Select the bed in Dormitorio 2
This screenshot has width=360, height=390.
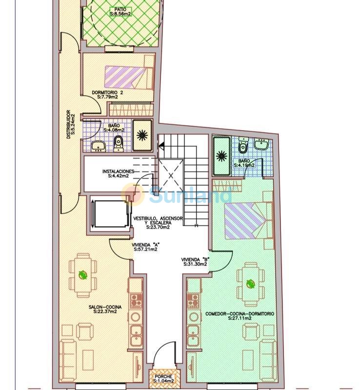point(129,77)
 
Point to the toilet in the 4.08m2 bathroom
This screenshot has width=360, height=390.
point(118,144)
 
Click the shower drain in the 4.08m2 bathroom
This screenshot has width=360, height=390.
point(142,135)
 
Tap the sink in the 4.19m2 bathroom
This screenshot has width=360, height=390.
point(261,144)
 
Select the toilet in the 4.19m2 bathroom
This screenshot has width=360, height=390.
point(243,146)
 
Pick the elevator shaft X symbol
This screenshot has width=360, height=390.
point(171,176)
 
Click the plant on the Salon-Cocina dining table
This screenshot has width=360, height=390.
point(83,275)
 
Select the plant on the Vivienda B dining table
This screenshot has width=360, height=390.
point(250,284)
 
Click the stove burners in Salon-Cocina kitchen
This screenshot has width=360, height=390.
point(136,300)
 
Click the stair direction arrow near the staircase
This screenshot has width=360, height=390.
point(161,145)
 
